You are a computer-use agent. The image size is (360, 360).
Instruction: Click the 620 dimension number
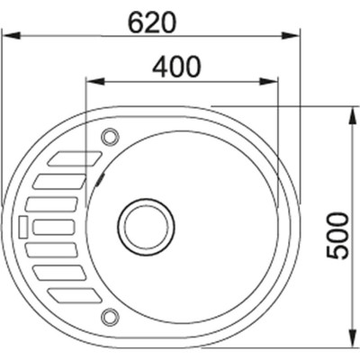pyautogui.click(x=150, y=22)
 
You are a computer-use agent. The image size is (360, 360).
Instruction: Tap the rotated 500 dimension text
pyautogui.click(x=337, y=236)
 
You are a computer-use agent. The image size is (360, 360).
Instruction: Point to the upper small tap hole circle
pyautogui.click(x=111, y=137)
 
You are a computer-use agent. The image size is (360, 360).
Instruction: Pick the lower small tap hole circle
pyautogui.click(x=111, y=315)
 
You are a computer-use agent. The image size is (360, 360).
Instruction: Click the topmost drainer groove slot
pyautogui.click(x=70, y=160)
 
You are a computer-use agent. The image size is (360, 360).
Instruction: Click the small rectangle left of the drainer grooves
pyautogui.click(x=22, y=219)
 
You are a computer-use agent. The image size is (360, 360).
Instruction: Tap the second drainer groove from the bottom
pyautogui.click(x=60, y=272)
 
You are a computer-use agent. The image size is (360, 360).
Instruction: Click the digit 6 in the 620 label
pyautogui.click(x=136, y=22)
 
